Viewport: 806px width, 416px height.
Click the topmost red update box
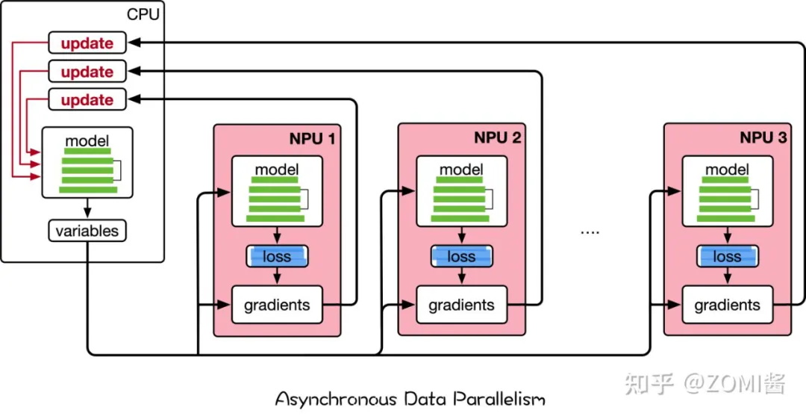coord(87,43)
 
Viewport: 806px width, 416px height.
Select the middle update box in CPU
coord(87,72)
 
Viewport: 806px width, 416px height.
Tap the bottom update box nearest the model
coord(87,100)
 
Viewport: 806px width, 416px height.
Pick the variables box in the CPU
coord(87,231)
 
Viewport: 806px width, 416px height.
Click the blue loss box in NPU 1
coord(278,256)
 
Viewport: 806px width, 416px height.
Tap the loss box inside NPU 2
coord(461,256)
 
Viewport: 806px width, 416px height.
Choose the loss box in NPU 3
coord(727,256)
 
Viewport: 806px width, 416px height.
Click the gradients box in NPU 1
coord(277,305)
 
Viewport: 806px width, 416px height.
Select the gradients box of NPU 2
coord(461,305)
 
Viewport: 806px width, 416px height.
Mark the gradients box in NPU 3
coord(727,305)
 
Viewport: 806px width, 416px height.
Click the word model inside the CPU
coord(87,140)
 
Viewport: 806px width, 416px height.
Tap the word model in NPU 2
coord(461,170)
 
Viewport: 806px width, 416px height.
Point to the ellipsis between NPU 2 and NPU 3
coord(590,232)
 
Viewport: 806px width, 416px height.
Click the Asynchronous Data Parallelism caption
coord(410,398)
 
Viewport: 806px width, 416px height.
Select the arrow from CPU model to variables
coord(87,208)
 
